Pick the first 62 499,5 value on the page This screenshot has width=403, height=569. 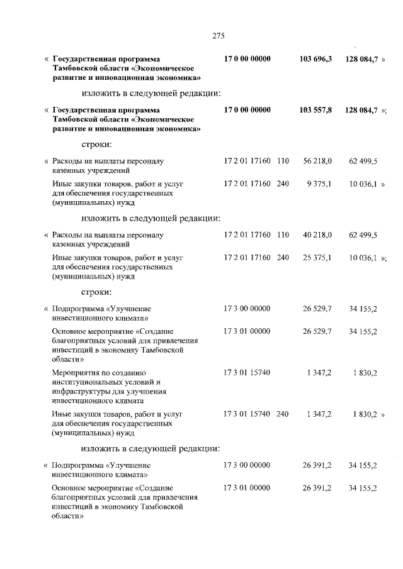pos(363,161)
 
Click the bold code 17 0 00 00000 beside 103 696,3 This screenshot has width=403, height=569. pos(247,58)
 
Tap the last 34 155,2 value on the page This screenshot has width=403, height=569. pos(363,488)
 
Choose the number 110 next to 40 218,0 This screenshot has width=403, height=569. pos(282,235)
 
